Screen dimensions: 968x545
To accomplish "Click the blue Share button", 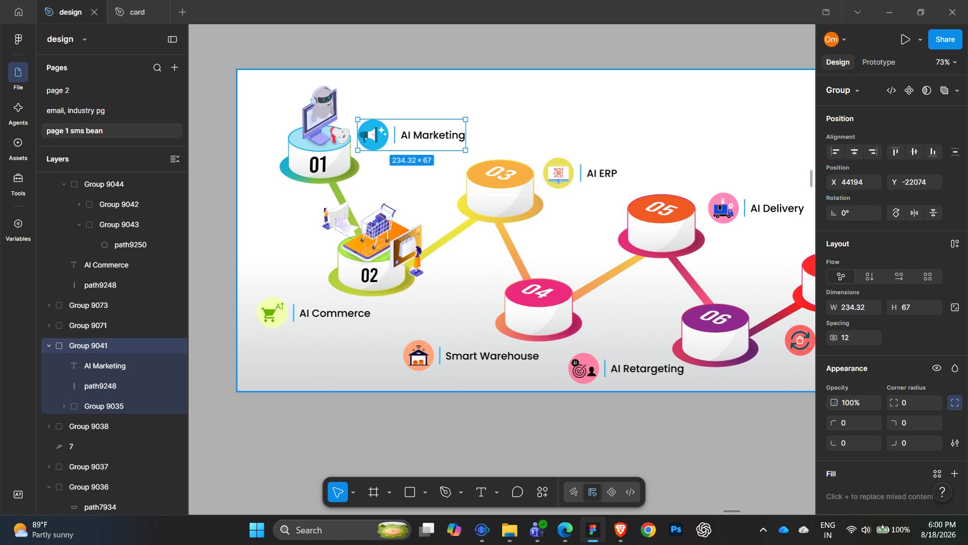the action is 945,39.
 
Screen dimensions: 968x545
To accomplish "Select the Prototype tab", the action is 878,62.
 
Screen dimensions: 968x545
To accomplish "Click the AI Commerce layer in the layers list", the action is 106,265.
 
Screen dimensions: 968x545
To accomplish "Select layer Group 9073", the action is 88,305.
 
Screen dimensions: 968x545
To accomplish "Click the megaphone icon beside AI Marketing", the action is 373,135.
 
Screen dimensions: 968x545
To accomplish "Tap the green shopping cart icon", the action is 272,313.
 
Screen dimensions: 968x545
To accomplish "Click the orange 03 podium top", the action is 500,174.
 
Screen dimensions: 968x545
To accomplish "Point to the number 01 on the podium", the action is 318,165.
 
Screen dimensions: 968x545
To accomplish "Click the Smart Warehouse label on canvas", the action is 492,356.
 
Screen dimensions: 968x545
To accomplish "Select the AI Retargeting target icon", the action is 583,368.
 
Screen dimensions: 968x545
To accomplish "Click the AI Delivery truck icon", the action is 723,208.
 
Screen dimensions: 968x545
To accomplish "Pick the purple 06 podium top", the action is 715,317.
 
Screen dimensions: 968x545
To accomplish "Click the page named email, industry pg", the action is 76,111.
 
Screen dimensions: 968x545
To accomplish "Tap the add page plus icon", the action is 175,68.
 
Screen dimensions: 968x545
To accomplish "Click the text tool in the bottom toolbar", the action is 481,492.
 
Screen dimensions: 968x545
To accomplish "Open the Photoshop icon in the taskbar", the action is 676,530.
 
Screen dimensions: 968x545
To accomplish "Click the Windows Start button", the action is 257,530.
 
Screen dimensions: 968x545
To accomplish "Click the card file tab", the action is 137,12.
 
